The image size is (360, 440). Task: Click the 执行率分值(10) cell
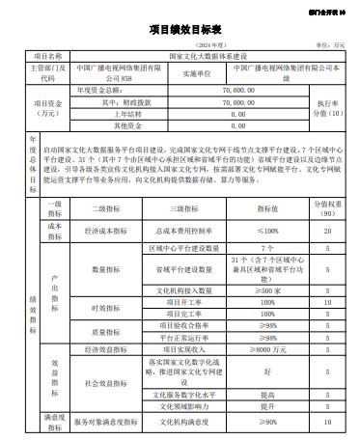326,106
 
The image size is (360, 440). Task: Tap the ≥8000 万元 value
266,349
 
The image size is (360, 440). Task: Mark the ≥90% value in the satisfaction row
266,422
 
